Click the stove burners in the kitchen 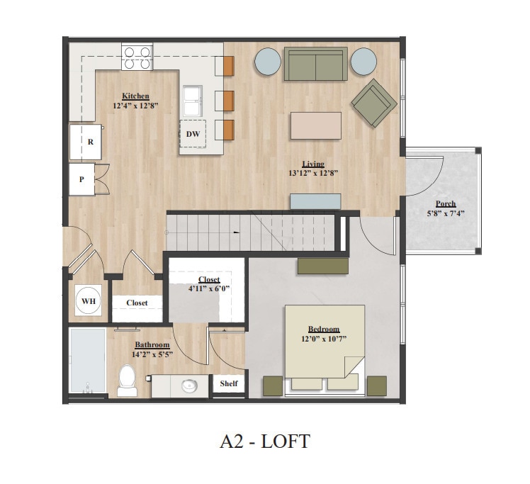click(x=137, y=57)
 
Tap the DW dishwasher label click(x=192, y=133)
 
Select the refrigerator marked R click(x=86, y=142)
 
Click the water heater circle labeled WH click(x=88, y=301)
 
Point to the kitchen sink click(x=192, y=101)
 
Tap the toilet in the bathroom click(x=128, y=381)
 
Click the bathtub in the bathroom click(x=88, y=361)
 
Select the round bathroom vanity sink click(x=189, y=386)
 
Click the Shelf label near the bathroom click(x=228, y=384)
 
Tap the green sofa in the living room click(x=315, y=64)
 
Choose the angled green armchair click(x=374, y=103)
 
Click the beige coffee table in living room click(x=315, y=125)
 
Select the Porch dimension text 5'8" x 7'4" click(x=446, y=213)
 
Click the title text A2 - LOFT click(x=264, y=441)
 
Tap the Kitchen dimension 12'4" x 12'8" click(x=135, y=106)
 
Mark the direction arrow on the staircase click(x=236, y=232)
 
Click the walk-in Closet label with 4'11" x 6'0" click(x=209, y=289)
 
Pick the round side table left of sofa click(x=268, y=61)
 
